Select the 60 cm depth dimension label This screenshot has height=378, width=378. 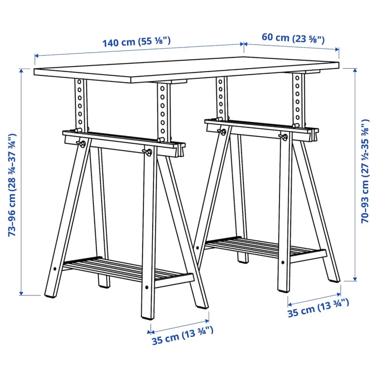click(x=293, y=38)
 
